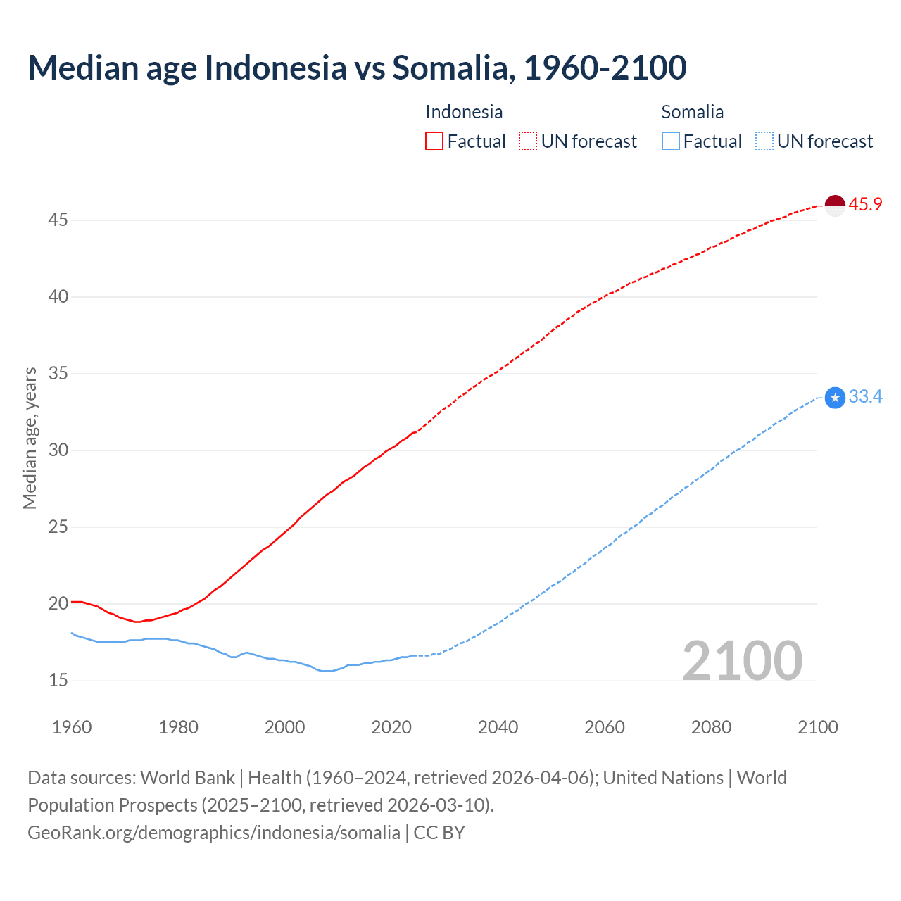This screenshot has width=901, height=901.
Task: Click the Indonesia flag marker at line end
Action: pyautogui.click(x=834, y=206)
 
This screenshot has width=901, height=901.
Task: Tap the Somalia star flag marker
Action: pyautogui.click(x=834, y=398)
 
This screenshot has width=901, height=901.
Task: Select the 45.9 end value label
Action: pyautogui.click(x=865, y=205)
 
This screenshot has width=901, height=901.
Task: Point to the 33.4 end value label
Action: pyautogui.click(x=865, y=397)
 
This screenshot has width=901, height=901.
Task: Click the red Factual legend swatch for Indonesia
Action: pyautogui.click(x=434, y=141)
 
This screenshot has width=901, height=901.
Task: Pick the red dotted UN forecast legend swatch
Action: pyautogui.click(x=528, y=141)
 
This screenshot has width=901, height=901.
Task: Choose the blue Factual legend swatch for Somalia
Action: pyautogui.click(x=671, y=141)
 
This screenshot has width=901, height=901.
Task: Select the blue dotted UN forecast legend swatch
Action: pyautogui.click(x=764, y=141)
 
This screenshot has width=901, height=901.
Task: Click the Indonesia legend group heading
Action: pyautogui.click(x=464, y=112)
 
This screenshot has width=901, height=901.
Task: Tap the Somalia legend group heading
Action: pyautogui.click(x=692, y=112)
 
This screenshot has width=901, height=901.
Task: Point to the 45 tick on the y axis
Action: pyautogui.click(x=58, y=220)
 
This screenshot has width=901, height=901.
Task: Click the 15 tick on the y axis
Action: pyautogui.click(x=58, y=680)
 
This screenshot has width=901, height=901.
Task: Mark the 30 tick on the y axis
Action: pyautogui.click(x=58, y=450)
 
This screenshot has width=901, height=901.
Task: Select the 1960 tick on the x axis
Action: pyautogui.click(x=72, y=727)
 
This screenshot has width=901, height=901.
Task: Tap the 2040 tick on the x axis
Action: pyautogui.click(x=498, y=727)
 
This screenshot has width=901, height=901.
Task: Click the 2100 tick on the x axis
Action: pyautogui.click(x=817, y=727)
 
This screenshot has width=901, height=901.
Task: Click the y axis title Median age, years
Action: pyautogui.click(x=30, y=438)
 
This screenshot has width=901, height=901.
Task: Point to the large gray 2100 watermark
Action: pyautogui.click(x=742, y=660)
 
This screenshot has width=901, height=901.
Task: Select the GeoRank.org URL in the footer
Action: pyautogui.click(x=213, y=833)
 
